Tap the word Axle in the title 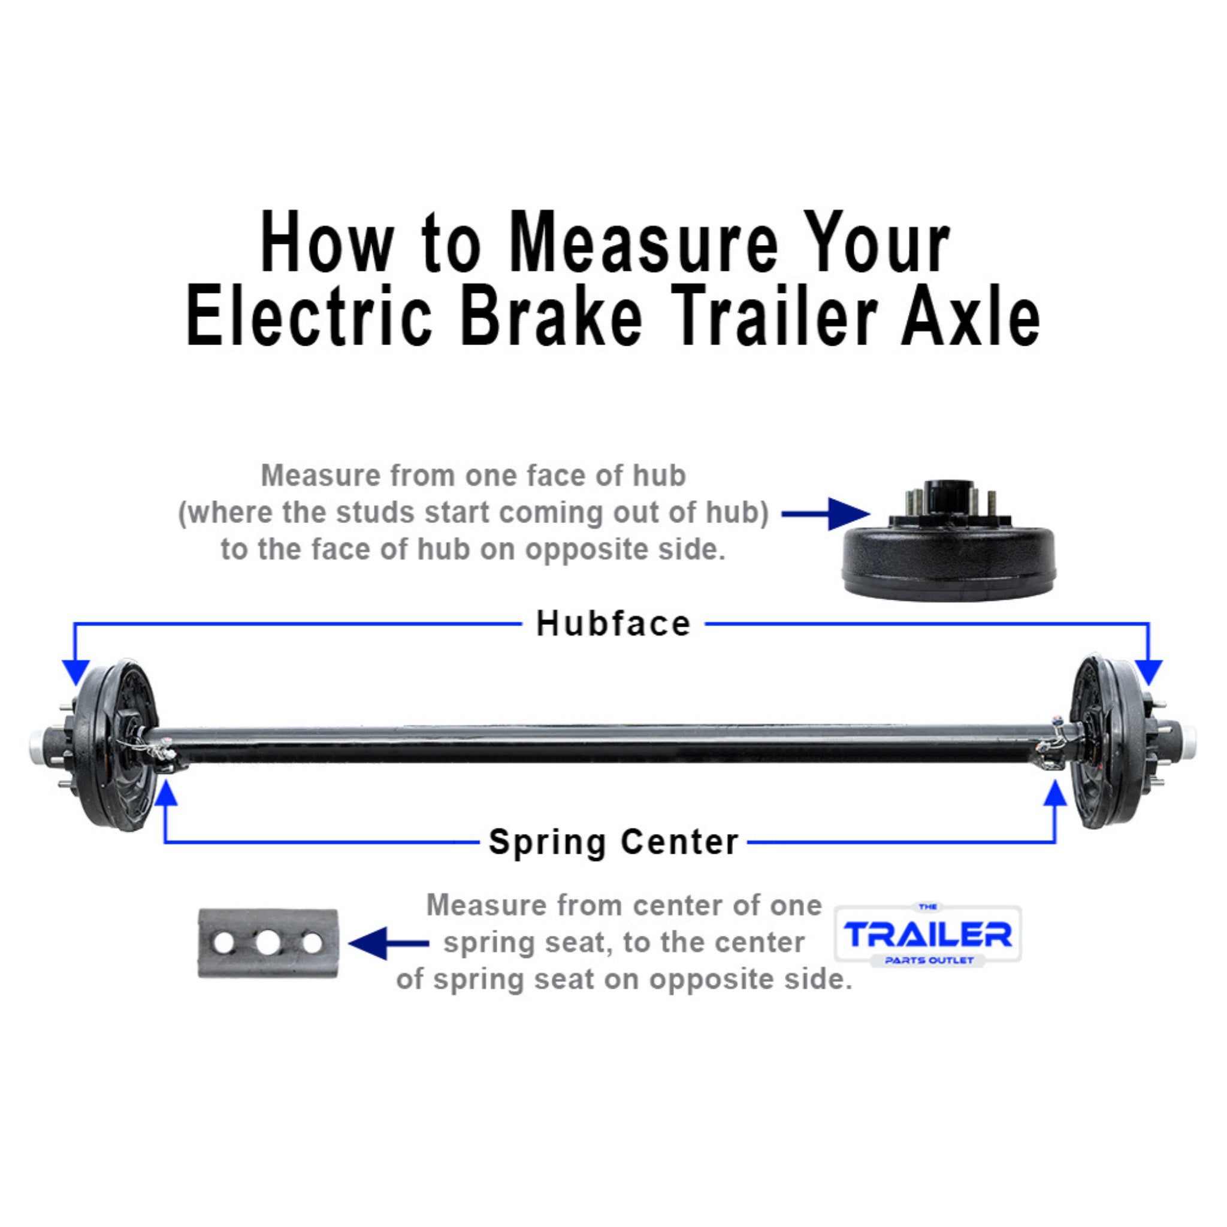pyautogui.click(x=970, y=316)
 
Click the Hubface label pyautogui.click(x=613, y=624)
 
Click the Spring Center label pyautogui.click(x=613, y=842)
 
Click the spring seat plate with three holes pyautogui.click(x=268, y=943)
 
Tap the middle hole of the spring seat pyautogui.click(x=268, y=943)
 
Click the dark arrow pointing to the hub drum pyautogui.click(x=826, y=514)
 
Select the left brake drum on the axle pyautogui.click(x=114, y=744)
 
